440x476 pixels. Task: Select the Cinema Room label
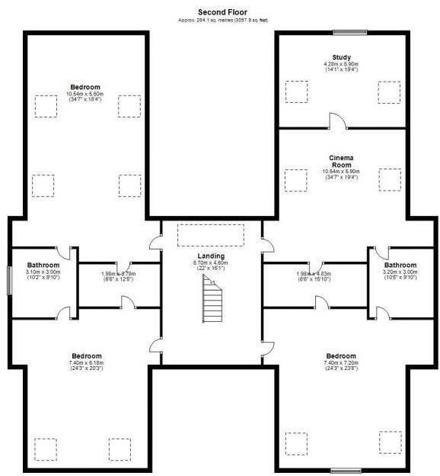point(341,161)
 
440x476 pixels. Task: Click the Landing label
point(211,256)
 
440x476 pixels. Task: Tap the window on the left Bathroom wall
point(9,280)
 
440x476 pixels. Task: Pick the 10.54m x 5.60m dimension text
point(86,94)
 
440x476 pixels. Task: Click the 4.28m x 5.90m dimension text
point(341,64)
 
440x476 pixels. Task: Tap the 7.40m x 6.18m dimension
point(86,362)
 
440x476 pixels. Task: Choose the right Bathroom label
point(399,265)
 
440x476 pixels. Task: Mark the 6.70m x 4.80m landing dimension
point(211,262)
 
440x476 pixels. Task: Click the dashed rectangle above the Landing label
point(211,236)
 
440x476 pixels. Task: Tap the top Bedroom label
point(86,87)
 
